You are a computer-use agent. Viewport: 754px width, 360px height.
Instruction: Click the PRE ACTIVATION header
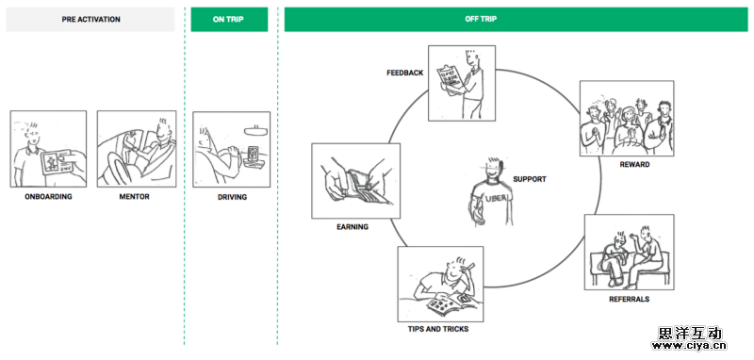tap(90, 20)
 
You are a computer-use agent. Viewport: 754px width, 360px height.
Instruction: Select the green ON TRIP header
tap(229, 20)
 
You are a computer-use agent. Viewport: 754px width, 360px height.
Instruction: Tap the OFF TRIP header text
tap(481, 19)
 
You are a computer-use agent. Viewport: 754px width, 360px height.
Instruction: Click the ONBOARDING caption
tap(48, 197)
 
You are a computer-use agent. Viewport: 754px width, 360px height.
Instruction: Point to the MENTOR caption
tap(134, 197)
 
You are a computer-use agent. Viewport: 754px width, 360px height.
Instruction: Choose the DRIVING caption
tap(232, 197)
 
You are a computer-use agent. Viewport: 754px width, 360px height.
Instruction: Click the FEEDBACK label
tap(405, 74)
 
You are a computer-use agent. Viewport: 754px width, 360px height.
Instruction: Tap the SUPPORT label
tap(530, 179)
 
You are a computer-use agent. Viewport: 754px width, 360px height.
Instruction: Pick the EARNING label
tap(352, 227)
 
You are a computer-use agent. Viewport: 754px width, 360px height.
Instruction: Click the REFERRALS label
tap(629, 299)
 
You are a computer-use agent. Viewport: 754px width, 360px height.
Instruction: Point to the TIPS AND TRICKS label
tap(438, 329)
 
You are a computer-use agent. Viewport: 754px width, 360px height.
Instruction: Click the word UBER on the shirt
tap(496, 199)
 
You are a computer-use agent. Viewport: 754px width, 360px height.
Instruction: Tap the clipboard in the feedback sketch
tap(449, 78)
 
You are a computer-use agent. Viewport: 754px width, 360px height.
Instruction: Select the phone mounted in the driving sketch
tap(253, 155)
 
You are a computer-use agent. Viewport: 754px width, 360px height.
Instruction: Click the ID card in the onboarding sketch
tap(57, 163)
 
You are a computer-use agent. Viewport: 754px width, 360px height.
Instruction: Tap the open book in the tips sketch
tap(447, 303)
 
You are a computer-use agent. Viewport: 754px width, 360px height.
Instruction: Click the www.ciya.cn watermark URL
tap(689, 346)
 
